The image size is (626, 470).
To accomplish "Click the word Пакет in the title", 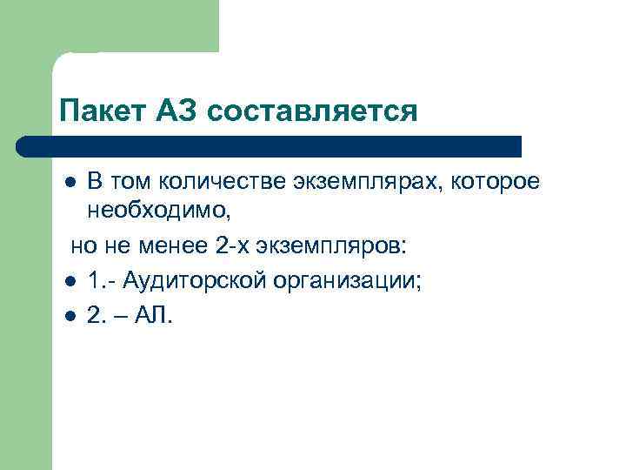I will [91, 111].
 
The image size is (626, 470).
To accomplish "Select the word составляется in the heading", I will [313, 111].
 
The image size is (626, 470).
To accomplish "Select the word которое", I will [498, 183].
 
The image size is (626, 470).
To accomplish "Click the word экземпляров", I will [327, 245].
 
